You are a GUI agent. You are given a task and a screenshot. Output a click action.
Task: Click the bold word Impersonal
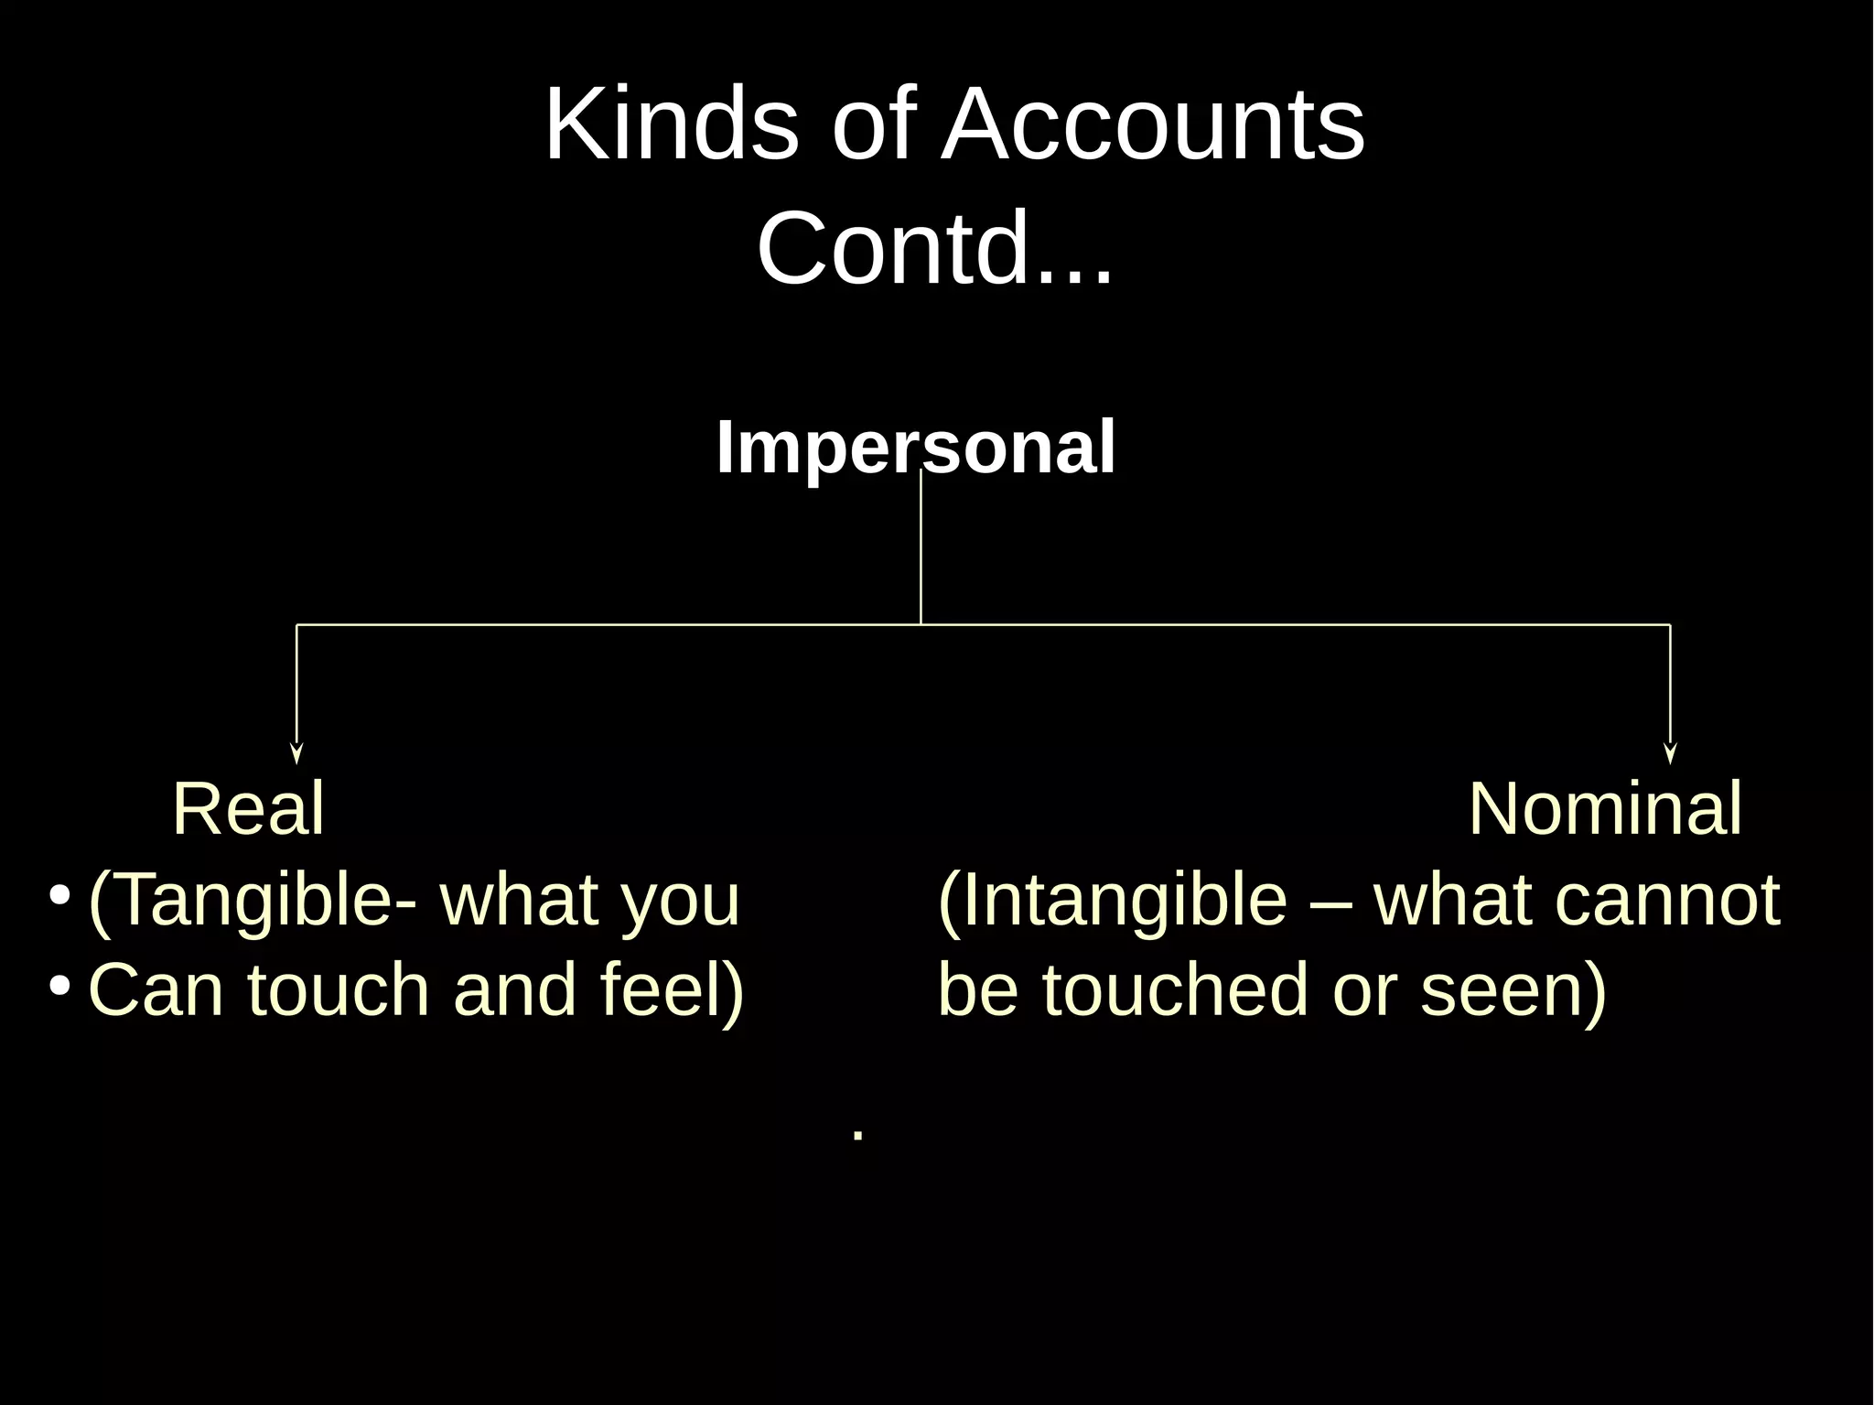tap(916, 448)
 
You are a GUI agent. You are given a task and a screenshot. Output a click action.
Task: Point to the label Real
tap(248, 809)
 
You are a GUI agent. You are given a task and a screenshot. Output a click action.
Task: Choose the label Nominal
tap(1605, 809)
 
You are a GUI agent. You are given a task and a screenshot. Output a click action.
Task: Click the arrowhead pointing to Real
tap(296, 752)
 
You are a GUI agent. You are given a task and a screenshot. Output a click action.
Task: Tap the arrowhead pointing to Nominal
tap(1670, 752)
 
